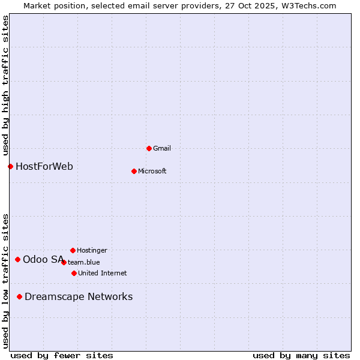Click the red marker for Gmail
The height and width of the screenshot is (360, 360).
(x=149, y=148)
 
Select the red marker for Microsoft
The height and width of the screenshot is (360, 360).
(x=134, y=171)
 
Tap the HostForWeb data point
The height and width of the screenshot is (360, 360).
(x=10, y=166)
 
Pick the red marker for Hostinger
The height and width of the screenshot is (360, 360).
(x=73, y=250)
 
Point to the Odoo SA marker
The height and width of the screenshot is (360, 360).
(x=17, y=259)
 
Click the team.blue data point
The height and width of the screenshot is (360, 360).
(x=64, y=262)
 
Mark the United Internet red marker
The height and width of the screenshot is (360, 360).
(x=74, y=273)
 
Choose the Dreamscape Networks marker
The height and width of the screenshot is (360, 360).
(x=19, y=296)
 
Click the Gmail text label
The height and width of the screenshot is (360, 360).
(x=162, y=148)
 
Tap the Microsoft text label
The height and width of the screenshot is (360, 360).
(x=152, y=171)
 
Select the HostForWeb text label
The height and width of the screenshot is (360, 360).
(x=44, y=166)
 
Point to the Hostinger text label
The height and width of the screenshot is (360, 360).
(x=92, y=250)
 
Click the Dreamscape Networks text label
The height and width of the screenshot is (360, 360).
(x=79, y=296)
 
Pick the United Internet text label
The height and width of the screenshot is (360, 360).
(x=103, y=273)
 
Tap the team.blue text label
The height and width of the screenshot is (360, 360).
(x=84, y=262)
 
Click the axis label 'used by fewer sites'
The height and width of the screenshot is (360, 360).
(x=62, y=355)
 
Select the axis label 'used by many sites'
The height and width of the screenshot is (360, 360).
(x=301, y=355)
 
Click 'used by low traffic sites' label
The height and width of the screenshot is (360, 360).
(x=6, y=281)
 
